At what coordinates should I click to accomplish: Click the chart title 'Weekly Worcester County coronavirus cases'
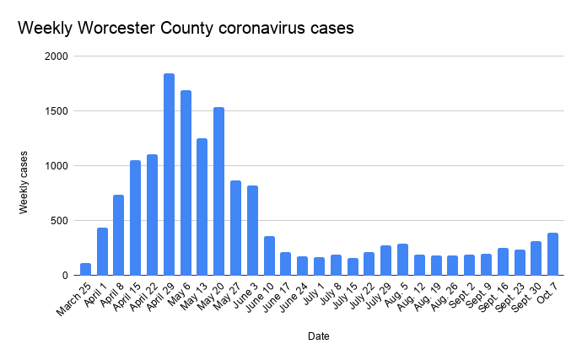186,28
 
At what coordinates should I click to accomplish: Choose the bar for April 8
119,235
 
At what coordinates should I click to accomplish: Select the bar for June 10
269,255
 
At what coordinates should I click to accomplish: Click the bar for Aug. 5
402,260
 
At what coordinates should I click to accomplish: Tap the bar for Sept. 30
536,258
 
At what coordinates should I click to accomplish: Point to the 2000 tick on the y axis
58,56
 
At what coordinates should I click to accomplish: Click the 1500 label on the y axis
58,111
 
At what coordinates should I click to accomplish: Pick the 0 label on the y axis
65,276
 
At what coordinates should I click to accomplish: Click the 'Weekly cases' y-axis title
24,182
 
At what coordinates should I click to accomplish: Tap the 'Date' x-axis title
318,336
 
